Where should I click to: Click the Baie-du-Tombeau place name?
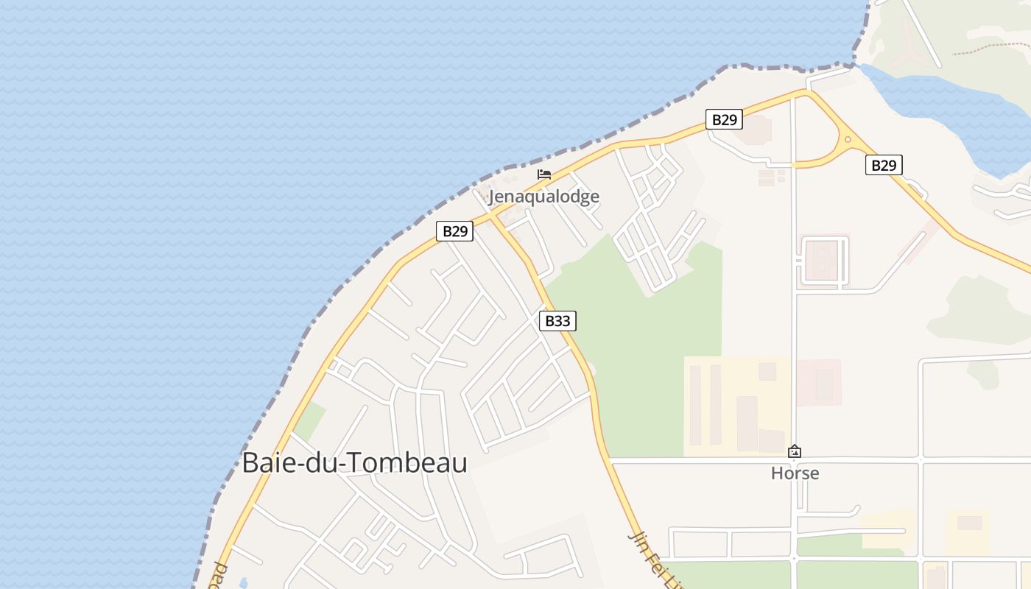pos(354,463)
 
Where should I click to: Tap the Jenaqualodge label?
pos(543,197)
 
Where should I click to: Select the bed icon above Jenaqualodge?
pos(544,174)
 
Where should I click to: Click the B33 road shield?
pos(557,321)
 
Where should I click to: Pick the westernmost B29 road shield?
pos(454,231)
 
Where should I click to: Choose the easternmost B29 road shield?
pos(883,165)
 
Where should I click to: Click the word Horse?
pos(795,473)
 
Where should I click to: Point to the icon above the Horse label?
pos(795,451)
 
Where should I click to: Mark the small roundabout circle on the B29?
pos(848,139)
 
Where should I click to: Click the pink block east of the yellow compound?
pos(819,382)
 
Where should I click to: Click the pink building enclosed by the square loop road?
pos(822,261)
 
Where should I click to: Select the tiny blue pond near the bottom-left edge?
pos(244,583)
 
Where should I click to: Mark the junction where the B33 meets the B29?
pos(490,216)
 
